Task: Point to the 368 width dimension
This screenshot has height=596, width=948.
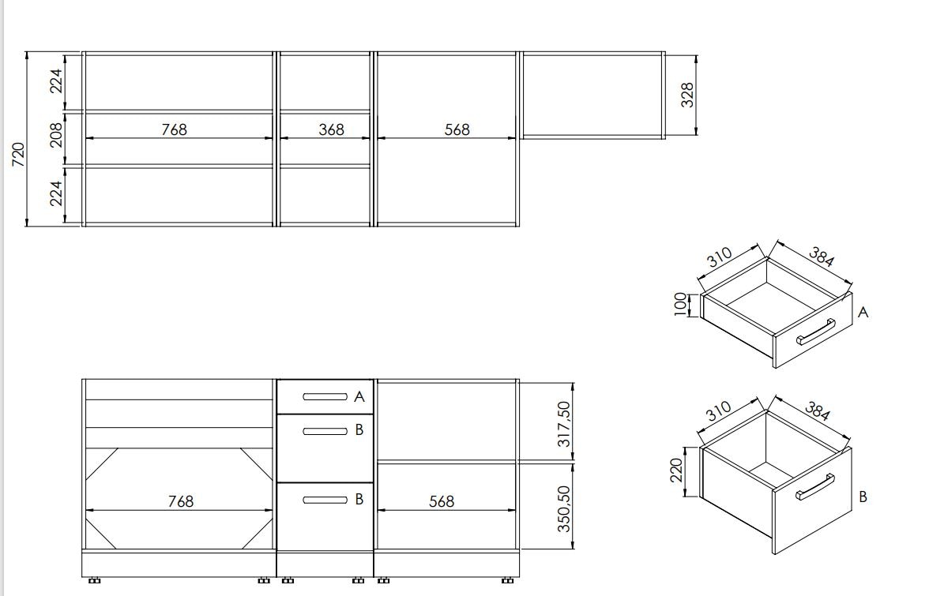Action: click(x=331, y=129)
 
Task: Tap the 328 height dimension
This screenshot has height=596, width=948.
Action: click(x=687, y=96)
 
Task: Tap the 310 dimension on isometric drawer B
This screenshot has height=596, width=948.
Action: click(x=719, y=412)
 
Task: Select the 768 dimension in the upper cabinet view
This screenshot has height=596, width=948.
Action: click(x=174, y=129)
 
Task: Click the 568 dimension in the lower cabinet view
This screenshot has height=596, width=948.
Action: click(x=441, y=501)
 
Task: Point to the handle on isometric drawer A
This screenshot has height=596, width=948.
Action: click(x=815, y=332)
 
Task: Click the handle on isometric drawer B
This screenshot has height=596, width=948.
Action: click(x=815, y=487)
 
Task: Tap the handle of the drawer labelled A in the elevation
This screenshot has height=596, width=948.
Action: click(x=325, y=397)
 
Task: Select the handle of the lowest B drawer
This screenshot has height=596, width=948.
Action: click(x=325, y=499)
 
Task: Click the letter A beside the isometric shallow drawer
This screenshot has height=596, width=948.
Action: click(x=863, y=313)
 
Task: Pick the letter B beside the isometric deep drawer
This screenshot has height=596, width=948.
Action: click(x=863, y=497)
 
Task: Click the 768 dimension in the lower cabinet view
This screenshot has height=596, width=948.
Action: click(x=180, y=501)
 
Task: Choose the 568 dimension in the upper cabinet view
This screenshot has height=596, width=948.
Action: click(x=457, y=129)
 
